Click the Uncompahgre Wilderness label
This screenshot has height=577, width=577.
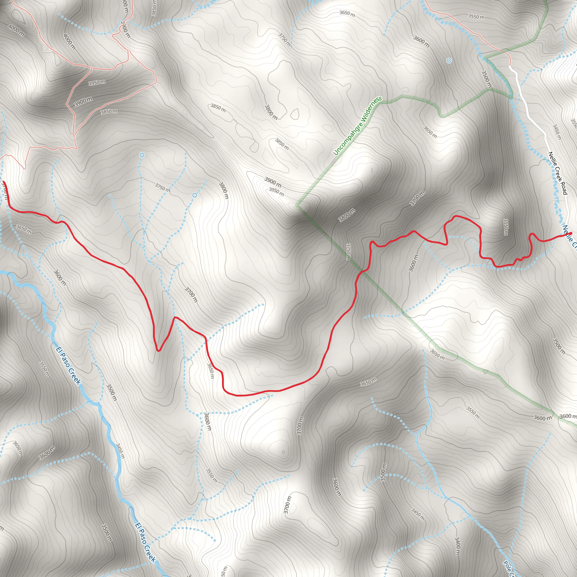tap(358, 126)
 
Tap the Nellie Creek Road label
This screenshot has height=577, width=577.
tap(558, 173)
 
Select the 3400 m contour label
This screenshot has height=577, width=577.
tap(457, 546)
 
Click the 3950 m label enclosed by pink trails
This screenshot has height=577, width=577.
tap(97, 83)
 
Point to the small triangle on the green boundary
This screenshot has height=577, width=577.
tap(486, 372)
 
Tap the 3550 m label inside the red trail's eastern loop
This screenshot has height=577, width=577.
tap(506, 227)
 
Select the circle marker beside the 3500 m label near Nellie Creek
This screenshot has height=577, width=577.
tap(449, 61)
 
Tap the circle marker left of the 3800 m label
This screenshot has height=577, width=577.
tap(195, 195)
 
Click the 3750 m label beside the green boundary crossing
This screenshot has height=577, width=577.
tap(348, 252)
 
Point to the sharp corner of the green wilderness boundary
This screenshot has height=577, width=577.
tap(297, 206)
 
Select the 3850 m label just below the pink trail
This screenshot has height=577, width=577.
tap(109, 112)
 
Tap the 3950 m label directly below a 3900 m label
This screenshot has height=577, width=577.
tap(276, 192)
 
